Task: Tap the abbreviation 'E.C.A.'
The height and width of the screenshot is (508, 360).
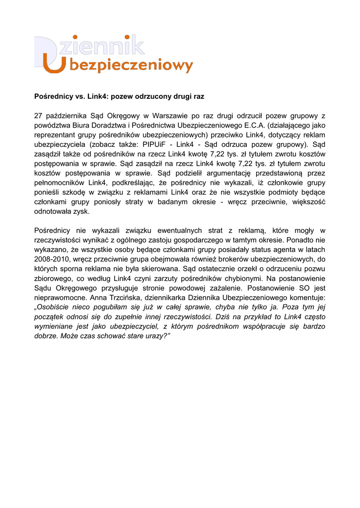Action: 255,125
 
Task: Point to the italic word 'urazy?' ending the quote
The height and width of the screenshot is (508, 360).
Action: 152,336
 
